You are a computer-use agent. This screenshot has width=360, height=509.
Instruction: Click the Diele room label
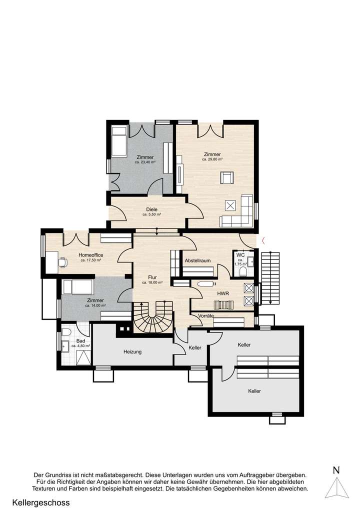tap(151, 209)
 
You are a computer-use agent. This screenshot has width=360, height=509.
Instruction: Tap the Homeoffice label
tap(91, 255)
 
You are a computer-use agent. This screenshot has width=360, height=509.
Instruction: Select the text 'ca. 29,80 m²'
tap(212, 159)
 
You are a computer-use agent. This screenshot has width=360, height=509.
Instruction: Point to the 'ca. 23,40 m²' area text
tap(145, 162)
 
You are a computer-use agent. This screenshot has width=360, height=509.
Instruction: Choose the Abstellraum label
tap(196, 260)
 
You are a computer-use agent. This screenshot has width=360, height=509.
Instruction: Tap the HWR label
tap(223, 293)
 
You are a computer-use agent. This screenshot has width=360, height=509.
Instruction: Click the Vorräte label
tap(206, 316)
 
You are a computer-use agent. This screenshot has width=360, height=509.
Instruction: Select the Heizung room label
tap(133, 351)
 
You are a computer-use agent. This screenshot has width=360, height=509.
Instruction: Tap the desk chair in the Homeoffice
tap(62, 261)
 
